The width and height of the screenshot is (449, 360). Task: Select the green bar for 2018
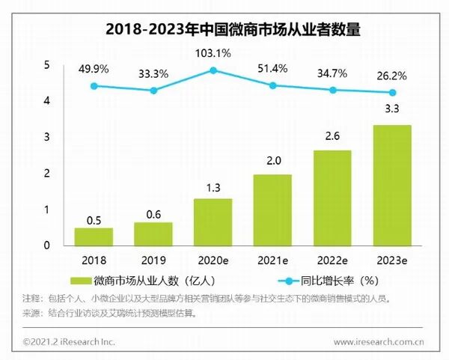tap(94, 237)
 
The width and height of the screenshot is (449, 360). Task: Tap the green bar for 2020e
tap(213, 222)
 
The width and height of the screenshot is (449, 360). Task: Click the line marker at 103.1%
tap(213, 70)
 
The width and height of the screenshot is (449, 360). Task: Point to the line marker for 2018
tap(94, 86)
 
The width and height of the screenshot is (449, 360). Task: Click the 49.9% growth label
tap(94, 69)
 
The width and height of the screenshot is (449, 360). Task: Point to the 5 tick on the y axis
tap(46, 65)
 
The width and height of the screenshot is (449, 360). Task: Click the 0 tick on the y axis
tap(46, 245)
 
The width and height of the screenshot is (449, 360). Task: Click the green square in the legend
tap(81, 281)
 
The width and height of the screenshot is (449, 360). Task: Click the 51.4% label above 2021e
tap(272, 69)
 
